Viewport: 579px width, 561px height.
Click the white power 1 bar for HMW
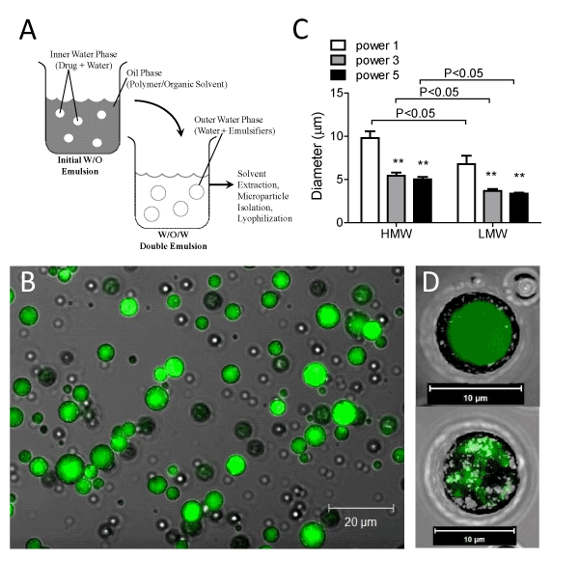coord(369,180)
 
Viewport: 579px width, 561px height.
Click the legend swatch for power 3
coord(339,60)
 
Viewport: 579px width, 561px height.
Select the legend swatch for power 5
coord(339,75)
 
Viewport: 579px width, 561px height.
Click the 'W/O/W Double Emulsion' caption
coord(175,238)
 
